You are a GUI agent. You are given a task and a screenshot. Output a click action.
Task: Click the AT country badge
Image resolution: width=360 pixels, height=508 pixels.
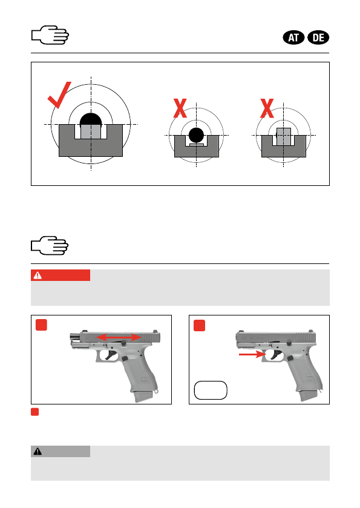[x=293, y=38]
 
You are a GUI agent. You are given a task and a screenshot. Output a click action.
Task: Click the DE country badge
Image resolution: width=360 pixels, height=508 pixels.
[x=318, y=38]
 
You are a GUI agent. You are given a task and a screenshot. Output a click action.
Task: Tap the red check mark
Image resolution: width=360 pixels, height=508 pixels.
[x=59, y=95]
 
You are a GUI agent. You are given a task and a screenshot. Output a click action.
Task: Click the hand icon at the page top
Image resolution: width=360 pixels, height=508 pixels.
[x=50, y=35]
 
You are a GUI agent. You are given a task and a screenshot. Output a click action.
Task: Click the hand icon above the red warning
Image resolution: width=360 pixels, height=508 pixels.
[x=50, y=246]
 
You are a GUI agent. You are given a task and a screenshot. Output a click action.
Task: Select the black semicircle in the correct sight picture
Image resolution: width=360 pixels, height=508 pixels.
[x=91, y=119]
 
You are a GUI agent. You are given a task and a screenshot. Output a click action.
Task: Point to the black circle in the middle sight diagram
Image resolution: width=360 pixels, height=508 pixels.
[x=196, y=135]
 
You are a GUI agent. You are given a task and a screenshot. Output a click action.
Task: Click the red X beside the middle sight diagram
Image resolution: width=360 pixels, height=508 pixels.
[x=180, y=108]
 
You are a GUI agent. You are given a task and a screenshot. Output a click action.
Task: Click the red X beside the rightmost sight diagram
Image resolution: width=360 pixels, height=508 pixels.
[x=267, y=108]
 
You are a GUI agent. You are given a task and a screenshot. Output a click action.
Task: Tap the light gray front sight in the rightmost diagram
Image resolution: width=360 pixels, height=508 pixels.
[x=284, y=136]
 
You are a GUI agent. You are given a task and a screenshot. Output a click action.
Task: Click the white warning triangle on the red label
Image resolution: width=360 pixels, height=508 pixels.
[x=38, y=275]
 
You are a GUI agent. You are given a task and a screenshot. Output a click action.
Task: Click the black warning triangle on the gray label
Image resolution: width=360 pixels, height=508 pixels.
[x=38, y=451]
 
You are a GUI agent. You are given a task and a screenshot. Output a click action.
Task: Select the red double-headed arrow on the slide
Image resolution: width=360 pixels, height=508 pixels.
[x=119, y=338]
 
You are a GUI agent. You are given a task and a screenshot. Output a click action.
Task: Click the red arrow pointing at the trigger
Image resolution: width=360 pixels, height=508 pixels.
[x=252, y=354]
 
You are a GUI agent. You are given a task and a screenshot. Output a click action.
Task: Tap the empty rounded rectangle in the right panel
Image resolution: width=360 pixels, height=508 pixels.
[x=211, y=390]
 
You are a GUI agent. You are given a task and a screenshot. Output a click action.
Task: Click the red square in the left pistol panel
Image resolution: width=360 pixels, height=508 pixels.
[x=41, y=325]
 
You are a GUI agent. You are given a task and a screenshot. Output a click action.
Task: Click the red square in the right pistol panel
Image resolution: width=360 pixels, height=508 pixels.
[x=200, y=325]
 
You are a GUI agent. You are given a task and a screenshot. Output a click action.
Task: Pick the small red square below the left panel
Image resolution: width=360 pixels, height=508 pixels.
[x=34, y=412]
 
